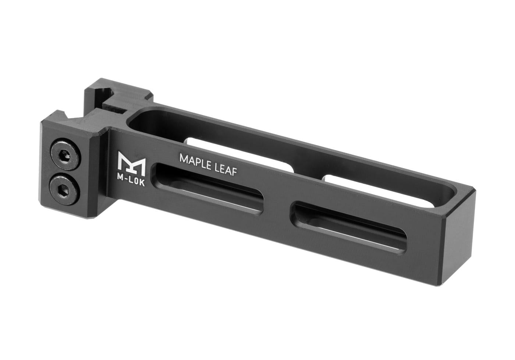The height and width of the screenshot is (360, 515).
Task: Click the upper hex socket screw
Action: [65, 154]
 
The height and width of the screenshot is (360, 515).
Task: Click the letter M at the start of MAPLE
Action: [183, 158]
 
